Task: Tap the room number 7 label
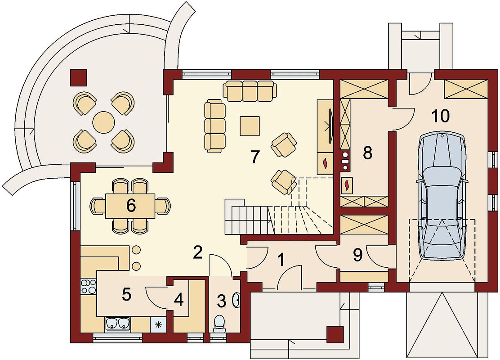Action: coord(254,157)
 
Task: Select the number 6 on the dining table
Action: coord(131,206)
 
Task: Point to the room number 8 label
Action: coord(367,153)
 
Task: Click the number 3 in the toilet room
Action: coord(221,301)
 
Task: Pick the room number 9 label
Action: coord(357,255)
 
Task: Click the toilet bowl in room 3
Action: coord(219,323)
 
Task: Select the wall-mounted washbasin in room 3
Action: coord(237,300)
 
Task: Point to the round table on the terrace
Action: coord(103,122)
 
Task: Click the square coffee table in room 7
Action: coord(250,126)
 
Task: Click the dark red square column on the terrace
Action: coord(78,78)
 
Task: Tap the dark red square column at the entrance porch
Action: coord(335,334)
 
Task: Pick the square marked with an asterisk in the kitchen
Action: coord(157,325)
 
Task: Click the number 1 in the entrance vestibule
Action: coord(281,260)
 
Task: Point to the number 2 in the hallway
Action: coord(198,253)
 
